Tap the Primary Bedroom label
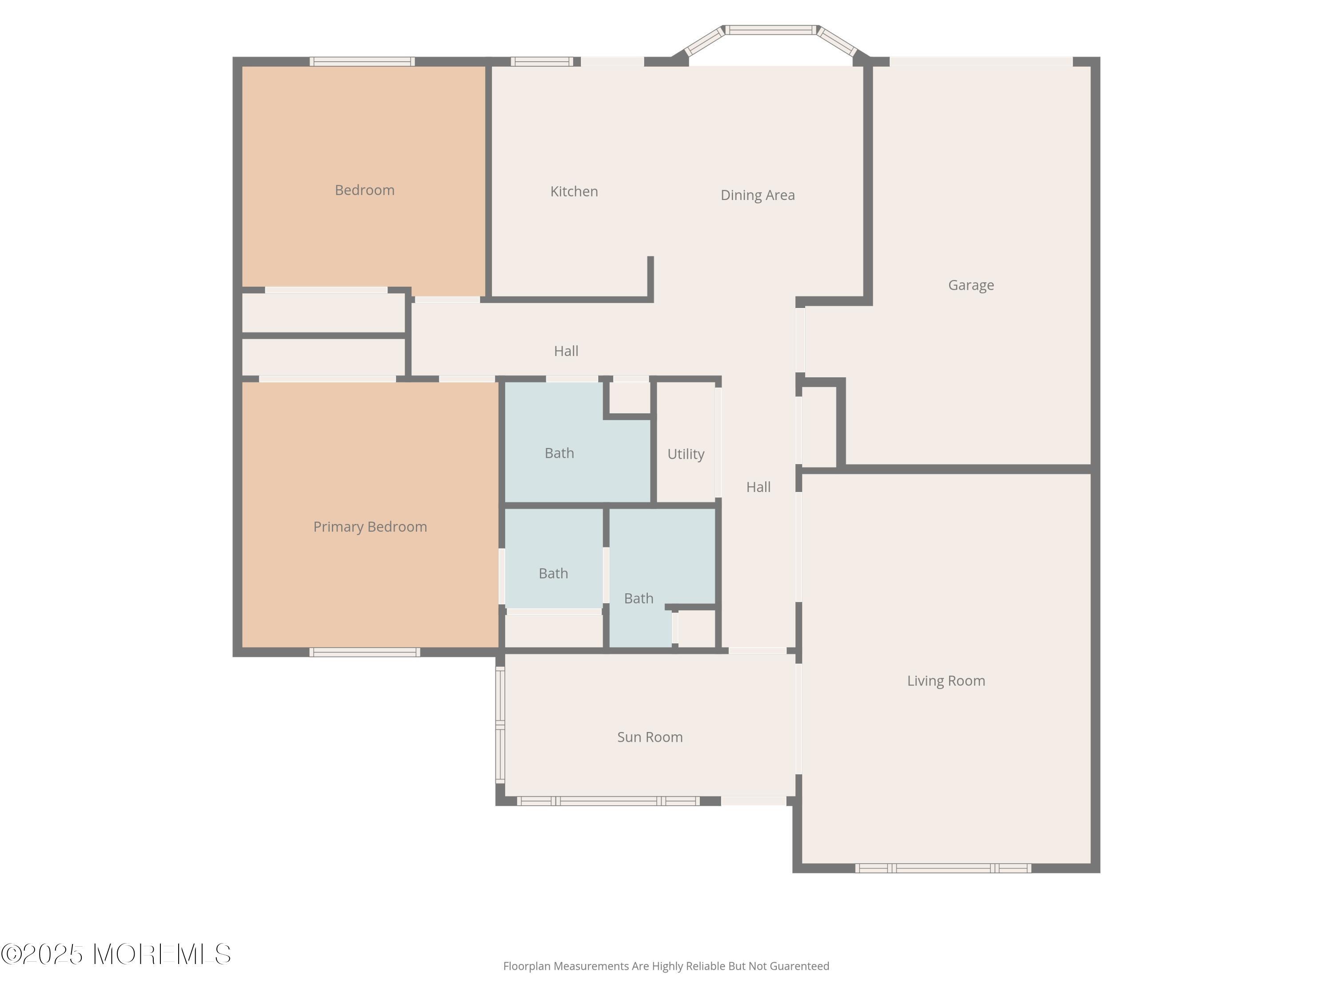pyautogui.click(x=370, y=527)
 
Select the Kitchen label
pyautogui.click(x=574, y=192)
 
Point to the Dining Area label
pyautogui.click(x=758, y=195)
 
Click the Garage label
pyautogui.click(x=971, y=285)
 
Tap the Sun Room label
pyautogui.click(x=650, y=737)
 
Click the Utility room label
pyautogui.click(x=686, y=454)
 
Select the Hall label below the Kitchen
pyautogui.click(x=566, y=351)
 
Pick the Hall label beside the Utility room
pyautogui.click(x=758, y=487)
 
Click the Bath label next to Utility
pyautogui.click(x=559, y=453)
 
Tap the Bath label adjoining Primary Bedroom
pyautogui.click(x=553, y=573)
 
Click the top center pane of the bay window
pyautogui.click(x=771, y=29)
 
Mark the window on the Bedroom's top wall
pyautogui.click(x=362, y=61)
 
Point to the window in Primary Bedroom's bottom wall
pyautogui.click(x=365, y=652)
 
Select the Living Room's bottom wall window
pyautogui.click(x=943, y=868)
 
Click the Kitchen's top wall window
pyautogui.click(x=543, y=61)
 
